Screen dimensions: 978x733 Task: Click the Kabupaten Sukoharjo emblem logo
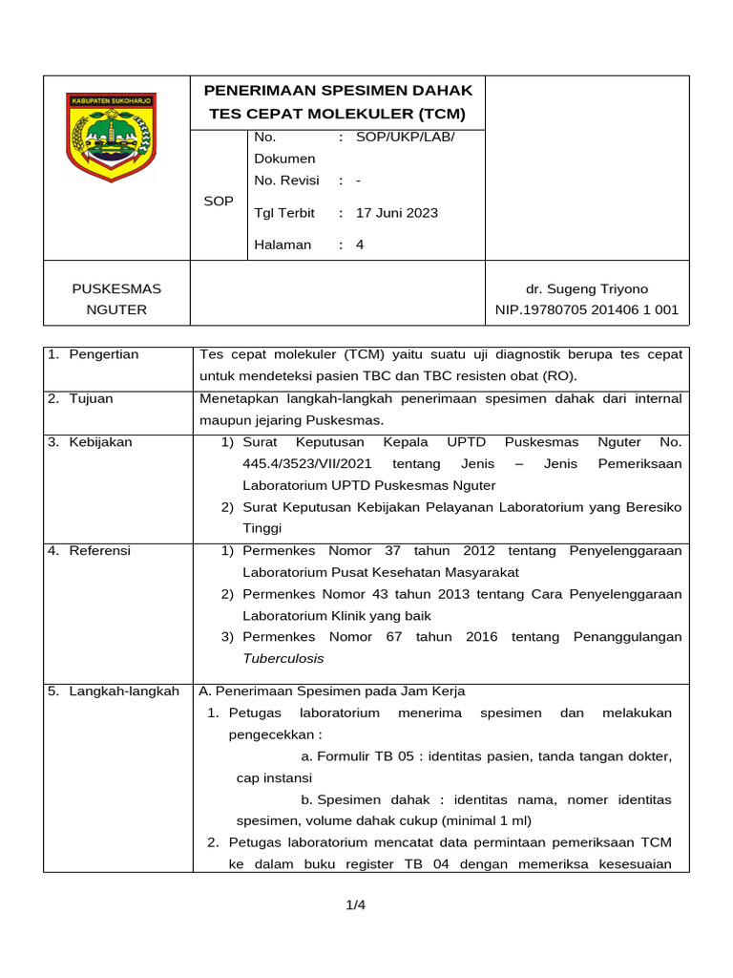[x=111, y=136]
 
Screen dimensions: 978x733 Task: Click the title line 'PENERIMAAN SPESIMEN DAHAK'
[x=339, y=91]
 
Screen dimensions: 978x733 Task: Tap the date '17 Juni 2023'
[x=397, y=213]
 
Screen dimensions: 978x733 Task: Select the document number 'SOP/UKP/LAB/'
[x=406, y=138]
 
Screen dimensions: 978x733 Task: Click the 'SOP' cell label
[x=219, y=202]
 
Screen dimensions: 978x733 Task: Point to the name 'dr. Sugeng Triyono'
[x=586, y=288]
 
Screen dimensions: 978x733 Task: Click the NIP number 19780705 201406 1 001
[x=586, y=309]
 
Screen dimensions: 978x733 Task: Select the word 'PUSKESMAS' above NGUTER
[x=117, y=288]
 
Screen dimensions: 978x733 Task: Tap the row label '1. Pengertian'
[x=94, y=354]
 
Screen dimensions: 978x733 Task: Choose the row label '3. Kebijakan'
[x=91, y=442]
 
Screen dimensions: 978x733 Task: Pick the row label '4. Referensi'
[x=90, y=551]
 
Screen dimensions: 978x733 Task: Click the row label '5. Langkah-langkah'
[x=114, y=691]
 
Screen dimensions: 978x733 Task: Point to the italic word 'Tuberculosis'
[x=283, y=658]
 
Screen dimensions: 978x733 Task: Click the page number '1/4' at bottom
[x=356, y=905]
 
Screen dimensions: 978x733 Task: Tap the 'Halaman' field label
[x=283, y=244]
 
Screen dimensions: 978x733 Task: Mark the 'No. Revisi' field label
[x=286, y=181]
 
